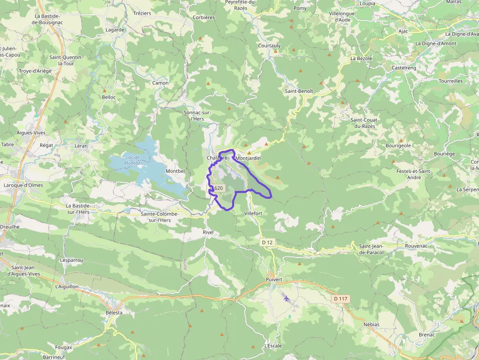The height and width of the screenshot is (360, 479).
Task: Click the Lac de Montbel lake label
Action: (x=132, y=160)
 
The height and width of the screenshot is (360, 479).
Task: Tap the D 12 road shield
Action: (x=267, y=242)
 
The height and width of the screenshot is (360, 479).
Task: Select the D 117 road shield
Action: (x=340, y=298)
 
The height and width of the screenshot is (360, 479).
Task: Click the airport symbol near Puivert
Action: (x=286, y=298)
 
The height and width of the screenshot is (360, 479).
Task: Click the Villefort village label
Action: (x=253, y=213)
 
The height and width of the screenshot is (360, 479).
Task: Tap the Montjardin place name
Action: (x=248, y=158)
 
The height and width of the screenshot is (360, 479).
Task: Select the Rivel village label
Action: (x=208, y=232)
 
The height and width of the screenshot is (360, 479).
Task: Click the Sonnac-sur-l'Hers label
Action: (x=197, y=115)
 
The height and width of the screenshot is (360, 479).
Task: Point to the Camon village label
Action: (x=160, y=83)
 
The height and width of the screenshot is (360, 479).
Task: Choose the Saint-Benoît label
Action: (x=299, y=91)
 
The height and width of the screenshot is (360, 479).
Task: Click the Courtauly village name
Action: (x=269, y=46)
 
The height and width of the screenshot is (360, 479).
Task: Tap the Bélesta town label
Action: (x=114, y=312)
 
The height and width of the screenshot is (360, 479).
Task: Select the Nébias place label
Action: (x=371, y=324)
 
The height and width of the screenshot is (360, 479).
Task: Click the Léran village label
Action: (x=81, y=146)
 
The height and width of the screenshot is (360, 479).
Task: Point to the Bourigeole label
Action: (x=398, y=146)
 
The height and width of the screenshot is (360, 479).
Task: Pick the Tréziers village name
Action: (x=142, y=13)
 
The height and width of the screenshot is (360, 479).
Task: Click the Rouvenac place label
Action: (x=416, y=246)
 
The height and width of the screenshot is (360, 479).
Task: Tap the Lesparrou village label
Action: (x=71, y=260)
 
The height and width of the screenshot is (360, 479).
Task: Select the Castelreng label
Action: (x=404, y=68)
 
